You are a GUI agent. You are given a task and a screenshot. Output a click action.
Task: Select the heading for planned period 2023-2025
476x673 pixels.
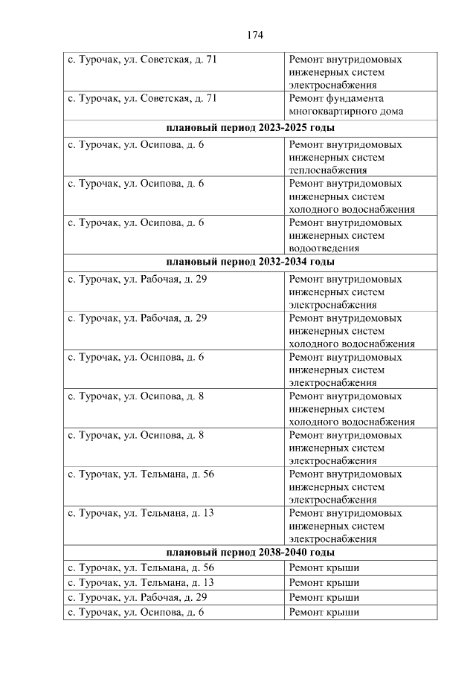point(250,128)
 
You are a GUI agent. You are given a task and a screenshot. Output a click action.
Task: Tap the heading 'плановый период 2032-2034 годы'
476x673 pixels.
point(250,262)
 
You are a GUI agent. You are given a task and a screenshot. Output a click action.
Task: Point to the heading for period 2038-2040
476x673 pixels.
point(250,553)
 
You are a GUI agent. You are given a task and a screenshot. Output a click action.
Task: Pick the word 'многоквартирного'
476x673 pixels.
point(329,112)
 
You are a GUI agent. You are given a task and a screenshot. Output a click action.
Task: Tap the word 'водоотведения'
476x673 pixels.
point(324,248)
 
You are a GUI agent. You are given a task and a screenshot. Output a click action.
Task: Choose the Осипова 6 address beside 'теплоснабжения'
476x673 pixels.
point(135,144)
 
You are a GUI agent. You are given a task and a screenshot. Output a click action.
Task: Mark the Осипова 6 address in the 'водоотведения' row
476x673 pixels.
point(135,222)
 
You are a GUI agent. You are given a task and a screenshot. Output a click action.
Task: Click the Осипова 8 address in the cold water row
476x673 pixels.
point(135,396)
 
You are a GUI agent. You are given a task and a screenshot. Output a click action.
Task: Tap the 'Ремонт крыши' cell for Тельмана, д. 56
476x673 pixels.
point(324,567)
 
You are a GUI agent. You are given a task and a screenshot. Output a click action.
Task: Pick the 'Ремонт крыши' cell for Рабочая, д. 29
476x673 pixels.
point(324,597)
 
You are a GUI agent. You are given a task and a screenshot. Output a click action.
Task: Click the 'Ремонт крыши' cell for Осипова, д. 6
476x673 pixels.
point(324,612)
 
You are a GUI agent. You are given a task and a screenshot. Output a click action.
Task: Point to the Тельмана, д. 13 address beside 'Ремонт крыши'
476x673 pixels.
point(141,582)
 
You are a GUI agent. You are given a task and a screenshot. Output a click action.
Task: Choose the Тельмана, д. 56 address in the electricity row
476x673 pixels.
point(141,474)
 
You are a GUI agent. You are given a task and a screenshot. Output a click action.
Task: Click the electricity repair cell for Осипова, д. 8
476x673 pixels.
point(344,448)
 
